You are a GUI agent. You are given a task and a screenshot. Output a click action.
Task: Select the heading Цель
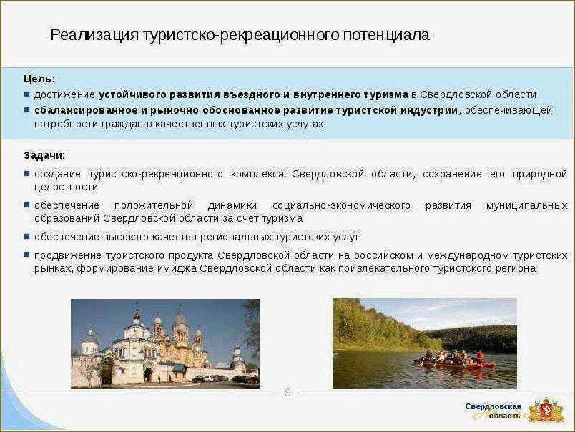(x=37, y=79)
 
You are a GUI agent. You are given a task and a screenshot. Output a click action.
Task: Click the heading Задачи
(x=44, y=155)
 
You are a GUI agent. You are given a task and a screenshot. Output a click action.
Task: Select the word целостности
(x=66, y=187)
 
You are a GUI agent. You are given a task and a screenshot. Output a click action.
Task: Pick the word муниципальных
(x=526, y=205)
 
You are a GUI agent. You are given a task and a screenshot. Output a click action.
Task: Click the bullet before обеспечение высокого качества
(x=26, y=236)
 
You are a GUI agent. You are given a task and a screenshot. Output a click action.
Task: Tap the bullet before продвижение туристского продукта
(x=26, y=255)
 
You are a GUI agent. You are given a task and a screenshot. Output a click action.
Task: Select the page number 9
(x=287, y=392)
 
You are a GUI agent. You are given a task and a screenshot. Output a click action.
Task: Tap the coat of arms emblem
(x=546, y=410)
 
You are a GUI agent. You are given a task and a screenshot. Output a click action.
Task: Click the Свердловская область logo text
(x=493, y=411)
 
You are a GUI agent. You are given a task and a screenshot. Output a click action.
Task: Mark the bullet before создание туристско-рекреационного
(x=26, y=174)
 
